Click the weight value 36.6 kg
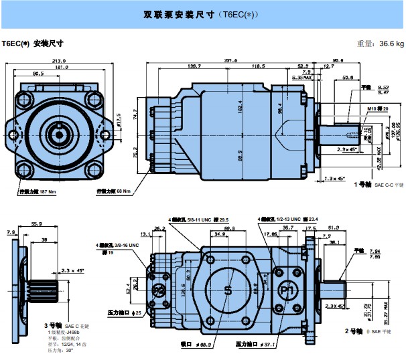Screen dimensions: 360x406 coord(391,44)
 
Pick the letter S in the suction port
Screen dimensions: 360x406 coord(228,290)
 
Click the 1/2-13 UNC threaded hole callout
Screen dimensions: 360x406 coord(288,219)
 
